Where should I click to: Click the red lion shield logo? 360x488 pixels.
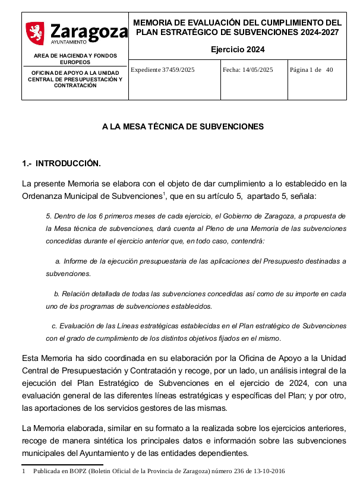35,33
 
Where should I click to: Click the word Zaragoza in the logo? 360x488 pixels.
89,31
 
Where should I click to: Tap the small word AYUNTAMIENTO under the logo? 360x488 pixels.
69,43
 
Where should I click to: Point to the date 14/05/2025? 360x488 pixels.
258,70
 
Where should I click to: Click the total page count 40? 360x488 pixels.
330,70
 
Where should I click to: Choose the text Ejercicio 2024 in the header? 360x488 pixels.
238,49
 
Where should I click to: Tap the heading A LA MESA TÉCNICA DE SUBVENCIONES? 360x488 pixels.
183,127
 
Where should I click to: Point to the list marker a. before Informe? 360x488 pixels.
58,261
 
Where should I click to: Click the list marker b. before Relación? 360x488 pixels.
56,294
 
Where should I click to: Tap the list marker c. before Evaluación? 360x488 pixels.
54,326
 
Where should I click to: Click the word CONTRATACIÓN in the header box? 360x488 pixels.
75,85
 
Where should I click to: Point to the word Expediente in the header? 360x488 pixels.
146,70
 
